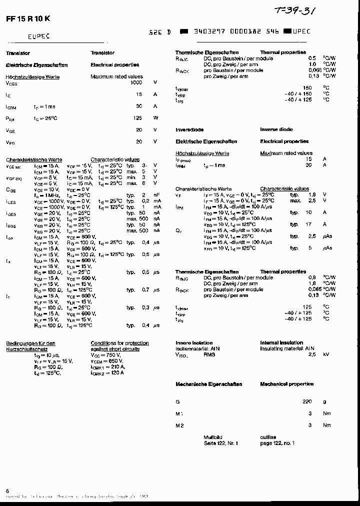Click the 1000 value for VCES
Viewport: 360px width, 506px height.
point(136,82)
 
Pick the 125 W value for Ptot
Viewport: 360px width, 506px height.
point(138,118)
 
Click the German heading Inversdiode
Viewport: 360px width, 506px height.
point(189,129)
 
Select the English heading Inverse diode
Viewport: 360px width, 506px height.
point(276,129)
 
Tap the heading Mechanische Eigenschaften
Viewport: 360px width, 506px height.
point(208,384)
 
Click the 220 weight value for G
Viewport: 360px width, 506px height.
point(307,401)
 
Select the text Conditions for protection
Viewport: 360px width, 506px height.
point(119,343)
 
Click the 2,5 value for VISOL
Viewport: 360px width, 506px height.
point(311,354)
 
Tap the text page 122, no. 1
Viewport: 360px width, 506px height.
point(277,443)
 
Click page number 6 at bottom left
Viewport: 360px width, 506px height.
point(7,490)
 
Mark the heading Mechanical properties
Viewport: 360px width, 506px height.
point(286,384)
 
